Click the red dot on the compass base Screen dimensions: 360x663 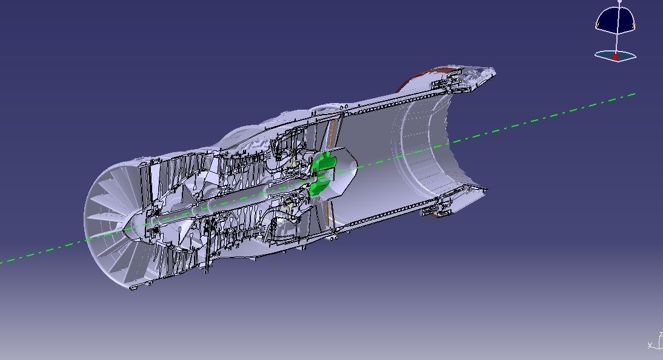pyautogui.click(x=616, y=56)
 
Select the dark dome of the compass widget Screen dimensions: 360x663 pyautogui.click(x=616, y=19)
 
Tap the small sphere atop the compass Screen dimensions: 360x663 pyautogui.click(x=619, y=2)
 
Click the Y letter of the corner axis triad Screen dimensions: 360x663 pyautogui.click(x=650, y=345)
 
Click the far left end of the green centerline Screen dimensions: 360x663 pyautogui.click(x=2, y=262)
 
